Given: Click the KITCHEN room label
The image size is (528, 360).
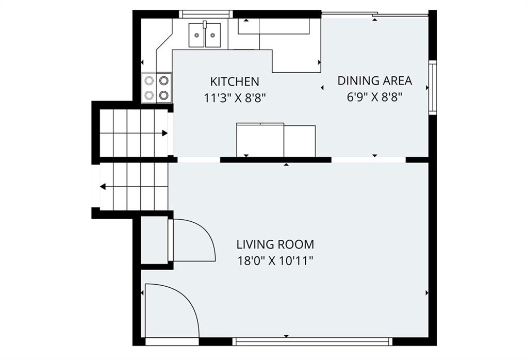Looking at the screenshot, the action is tap(235, 81).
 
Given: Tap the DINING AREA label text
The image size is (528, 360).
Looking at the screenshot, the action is tap(375, 81).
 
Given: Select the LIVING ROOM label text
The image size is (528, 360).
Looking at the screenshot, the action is tap(275, 244).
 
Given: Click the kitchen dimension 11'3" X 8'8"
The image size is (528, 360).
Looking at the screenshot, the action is tap(235, 98).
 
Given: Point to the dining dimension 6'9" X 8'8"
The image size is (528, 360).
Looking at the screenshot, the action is tap(375, 97).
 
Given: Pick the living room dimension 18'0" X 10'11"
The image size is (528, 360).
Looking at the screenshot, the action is tap(275, 261).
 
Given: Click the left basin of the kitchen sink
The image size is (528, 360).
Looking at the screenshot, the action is tap(196, 35).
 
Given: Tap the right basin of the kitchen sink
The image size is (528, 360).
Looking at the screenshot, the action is tap(213, 35).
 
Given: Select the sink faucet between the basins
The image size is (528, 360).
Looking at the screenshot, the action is tap(204, 25).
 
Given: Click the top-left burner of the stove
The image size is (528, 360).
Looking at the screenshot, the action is tap(149, 81).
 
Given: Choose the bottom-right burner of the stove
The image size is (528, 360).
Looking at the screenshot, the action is tap(164, 95).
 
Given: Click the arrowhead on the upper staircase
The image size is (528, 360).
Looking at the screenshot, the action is tap(165, 133).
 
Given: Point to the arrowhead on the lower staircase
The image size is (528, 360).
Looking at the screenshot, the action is tap(103, 187).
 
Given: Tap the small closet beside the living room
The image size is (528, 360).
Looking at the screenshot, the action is tap(154, 240).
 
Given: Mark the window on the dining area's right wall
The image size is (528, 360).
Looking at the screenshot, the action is tap(433, 88).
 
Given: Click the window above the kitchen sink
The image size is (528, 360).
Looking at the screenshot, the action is tap(206, 14).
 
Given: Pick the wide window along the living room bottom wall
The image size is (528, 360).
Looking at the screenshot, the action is tap(312, 341).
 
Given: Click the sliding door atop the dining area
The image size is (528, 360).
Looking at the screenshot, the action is tap(375, 14).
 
